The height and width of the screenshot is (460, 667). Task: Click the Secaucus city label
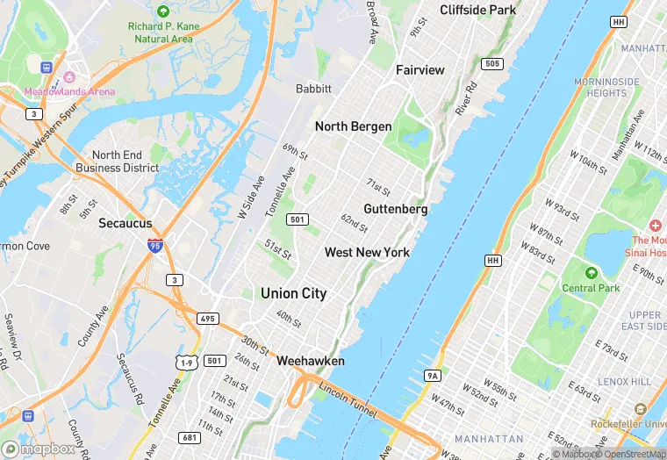point(126,223)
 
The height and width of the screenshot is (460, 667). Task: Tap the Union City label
point(293,294)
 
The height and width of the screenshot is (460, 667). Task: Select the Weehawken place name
point(310,361)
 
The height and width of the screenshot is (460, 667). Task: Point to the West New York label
point(367,253)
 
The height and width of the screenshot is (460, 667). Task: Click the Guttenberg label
point(395,209)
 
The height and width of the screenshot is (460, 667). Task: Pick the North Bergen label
point(353,126)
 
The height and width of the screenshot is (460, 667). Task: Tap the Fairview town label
point(420,69)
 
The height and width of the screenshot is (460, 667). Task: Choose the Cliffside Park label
point(477,11)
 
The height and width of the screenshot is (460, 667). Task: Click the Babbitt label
point(313,89)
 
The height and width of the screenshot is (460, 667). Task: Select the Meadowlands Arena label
point(69,91)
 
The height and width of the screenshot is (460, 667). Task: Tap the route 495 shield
point(208,318)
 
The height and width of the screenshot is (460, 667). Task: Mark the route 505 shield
point(491,63)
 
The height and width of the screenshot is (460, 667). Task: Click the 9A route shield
point(432,376)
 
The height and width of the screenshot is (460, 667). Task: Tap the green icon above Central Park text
point(591,272)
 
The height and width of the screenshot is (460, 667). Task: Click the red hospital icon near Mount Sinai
point(656,226)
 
